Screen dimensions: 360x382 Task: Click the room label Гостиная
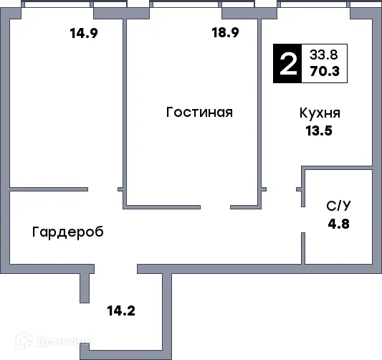[199, 113]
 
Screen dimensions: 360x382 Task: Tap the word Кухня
[320, 113]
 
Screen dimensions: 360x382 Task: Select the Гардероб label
[67, 232]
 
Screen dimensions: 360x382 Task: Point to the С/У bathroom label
[339, 206]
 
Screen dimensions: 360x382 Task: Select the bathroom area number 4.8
[339, 222]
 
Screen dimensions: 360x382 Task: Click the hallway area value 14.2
[121, 311]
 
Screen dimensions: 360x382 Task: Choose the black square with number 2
[288, 63]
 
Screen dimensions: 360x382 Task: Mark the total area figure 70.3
[325, 70]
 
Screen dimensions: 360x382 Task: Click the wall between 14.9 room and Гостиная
[124, 108]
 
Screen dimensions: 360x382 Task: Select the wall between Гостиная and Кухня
[261, 108]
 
